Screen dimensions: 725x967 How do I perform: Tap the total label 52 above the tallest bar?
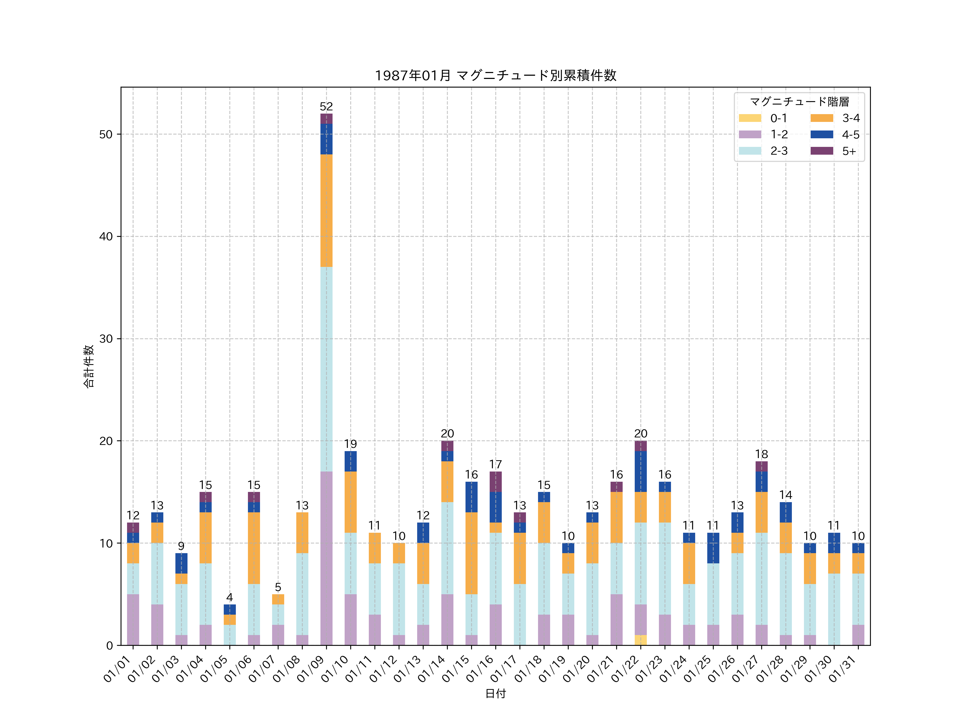[x=326, y=107]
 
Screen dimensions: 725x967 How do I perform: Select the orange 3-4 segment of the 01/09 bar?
[x=326, y=210]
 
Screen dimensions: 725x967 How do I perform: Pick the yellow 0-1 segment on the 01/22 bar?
[x=640, y=640]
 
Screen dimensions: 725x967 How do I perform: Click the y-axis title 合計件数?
[x=88, y=366]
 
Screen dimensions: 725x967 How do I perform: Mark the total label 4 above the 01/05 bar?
[x=229, y=597]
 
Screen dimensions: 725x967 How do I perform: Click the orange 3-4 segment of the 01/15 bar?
[x=471, y=553]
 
